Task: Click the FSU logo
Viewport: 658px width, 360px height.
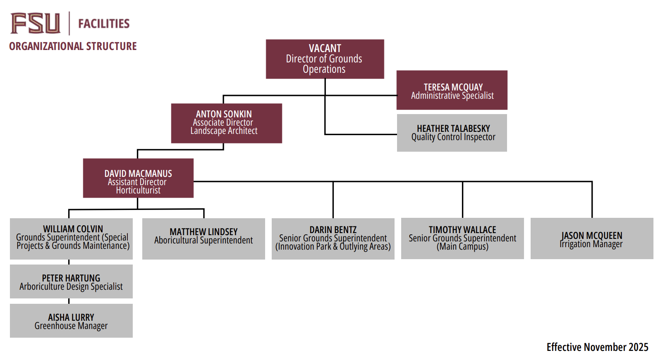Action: pyautogui.click(x=35, y=23)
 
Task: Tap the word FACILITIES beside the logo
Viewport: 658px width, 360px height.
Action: pyautogui.click(x=104, y=24)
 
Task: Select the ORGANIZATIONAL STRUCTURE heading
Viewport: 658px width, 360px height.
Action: pyautogui.click(x=73, y=46)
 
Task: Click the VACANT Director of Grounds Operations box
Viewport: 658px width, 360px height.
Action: pyautogui.click(x=325, y=59)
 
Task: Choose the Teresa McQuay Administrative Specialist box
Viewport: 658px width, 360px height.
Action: pyautogui.click(x=452, y=90)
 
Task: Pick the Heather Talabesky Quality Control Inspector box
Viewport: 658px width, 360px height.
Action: pyautogui.click(x=452, y=133)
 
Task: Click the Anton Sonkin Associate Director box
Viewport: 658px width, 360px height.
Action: pyautogui.click(x=226, y=123)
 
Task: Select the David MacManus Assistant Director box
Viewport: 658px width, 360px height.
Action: pyautogui.click(x=138, y=178)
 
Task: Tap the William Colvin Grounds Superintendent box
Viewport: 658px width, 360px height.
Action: pyautogui.click(x=71, y=238)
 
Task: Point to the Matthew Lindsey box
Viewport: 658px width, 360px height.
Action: pyautogui.click(x=203, y=238)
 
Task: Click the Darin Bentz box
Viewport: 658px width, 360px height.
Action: pyautogui.click(x=333, y=238)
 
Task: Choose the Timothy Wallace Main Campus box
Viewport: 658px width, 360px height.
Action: pyautogui.click(x=462, y=238)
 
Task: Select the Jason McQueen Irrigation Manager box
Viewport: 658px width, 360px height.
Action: pyautogui.click(x=592, y=238)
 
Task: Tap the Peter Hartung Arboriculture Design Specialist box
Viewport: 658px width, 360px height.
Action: pyautogui.click(x=71, y=281)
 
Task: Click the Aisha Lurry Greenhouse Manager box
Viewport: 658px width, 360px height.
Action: pyautogui.click(x=71, y=321)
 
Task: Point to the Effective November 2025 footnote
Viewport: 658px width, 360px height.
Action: pyautogui.click(x=597, y=347)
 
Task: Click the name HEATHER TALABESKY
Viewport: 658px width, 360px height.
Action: pyautogui.click(x=453, y=129)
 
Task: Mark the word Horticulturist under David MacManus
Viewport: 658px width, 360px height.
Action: pyautogui.click(x=138, y=191)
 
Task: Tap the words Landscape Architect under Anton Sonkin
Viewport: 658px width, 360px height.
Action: pyautogui.click(x=224, y=131)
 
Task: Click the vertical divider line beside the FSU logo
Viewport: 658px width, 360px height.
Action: pyautogui.click(x=69, y=23)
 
